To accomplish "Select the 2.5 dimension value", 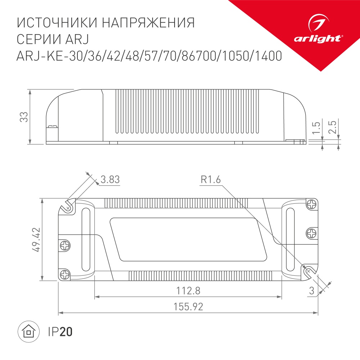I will tap(333, 128).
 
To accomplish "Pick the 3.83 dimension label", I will tap(110, 179).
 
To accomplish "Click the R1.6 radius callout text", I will tap(210, 179).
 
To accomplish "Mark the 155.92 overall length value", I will tap(188, 307).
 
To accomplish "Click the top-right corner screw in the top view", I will tap(311, 204).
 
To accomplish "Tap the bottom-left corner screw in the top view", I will tap(65, 274).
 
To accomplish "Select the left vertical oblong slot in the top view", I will tap(86, 239).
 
